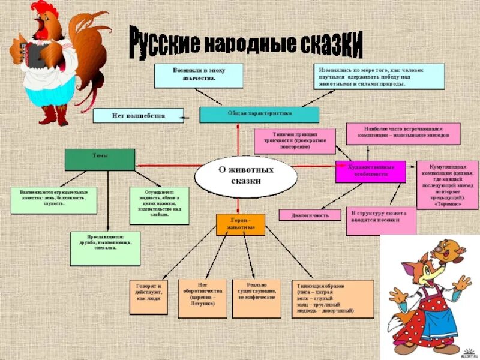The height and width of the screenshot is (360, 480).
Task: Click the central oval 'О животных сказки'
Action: [246, 175]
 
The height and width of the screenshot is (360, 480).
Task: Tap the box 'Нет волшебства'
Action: [139, 114]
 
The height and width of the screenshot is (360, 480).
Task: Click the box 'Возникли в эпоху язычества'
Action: [199, 76]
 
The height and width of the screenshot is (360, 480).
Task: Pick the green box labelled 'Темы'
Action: [100, 159]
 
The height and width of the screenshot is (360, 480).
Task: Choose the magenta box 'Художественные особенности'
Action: [371, 171]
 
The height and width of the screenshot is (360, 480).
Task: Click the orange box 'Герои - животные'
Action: [240, 225]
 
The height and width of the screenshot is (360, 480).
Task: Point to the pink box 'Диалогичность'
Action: [310, 215]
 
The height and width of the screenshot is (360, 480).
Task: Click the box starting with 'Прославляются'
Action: [105, 248]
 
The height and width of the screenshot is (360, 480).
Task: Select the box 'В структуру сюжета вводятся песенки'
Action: [380, 221]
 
